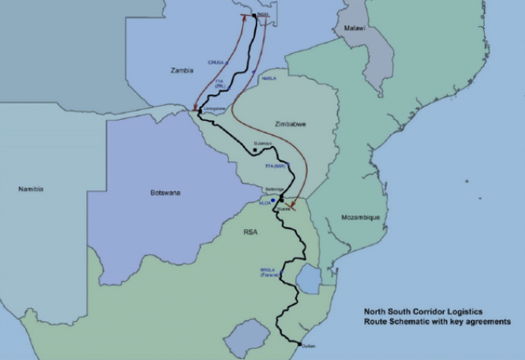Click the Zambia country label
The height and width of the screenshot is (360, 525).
[x=182, y=71]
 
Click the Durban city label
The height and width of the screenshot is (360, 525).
[x=308, y=345]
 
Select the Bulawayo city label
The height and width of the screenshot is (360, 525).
[x=262, y=144]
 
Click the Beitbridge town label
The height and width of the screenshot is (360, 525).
[x=272, y=190]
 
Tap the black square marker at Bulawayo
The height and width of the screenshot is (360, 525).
[x=254, y=149]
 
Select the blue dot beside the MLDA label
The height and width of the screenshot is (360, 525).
[x=273, y=201]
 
